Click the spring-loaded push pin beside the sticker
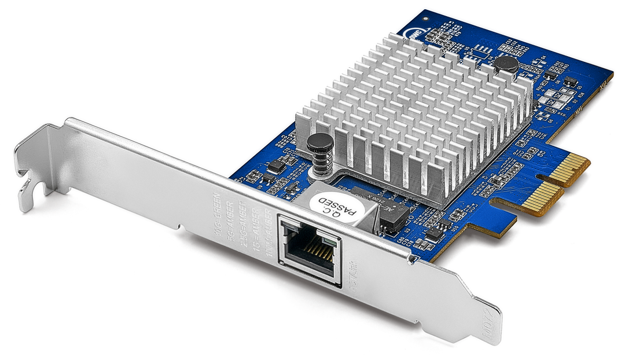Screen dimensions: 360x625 click(x=319, y=150)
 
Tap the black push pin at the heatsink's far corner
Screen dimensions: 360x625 click(x=506, y=64)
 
